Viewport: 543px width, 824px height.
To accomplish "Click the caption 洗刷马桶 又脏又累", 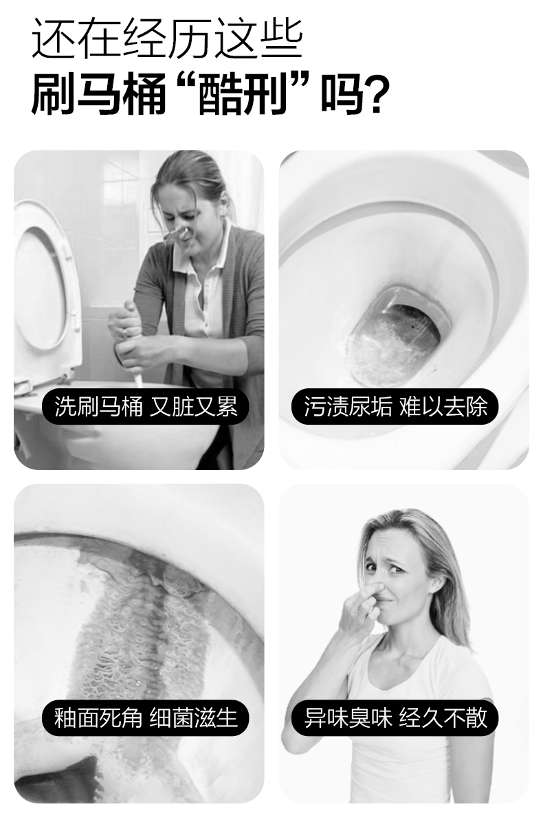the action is (x=146, y=407).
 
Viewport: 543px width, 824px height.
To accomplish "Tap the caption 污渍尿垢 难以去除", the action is (x=395, y=406).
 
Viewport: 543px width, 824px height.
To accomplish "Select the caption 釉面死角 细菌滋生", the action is (x=146, y=718).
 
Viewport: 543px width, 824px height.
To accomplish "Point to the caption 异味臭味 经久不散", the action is (x=395, y=718).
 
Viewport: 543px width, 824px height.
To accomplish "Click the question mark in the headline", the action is (x=379, y=95).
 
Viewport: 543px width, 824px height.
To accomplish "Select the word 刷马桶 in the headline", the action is (x=99, y=95).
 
